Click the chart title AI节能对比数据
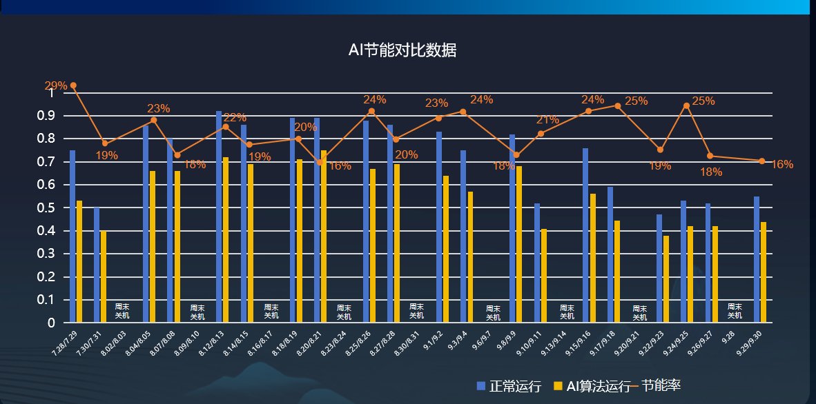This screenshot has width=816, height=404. click(402, 50)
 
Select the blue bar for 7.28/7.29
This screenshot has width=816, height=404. click(72, 236)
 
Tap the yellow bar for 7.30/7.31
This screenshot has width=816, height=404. click(104, 276)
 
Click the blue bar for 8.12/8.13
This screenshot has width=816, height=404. click(219, 216)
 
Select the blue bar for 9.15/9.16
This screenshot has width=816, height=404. click(585, 235)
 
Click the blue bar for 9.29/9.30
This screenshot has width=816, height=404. click(757, 259)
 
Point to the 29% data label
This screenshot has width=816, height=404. click(56, 86)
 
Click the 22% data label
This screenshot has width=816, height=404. click(235, 117)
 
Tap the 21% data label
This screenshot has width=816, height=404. click(547, 120)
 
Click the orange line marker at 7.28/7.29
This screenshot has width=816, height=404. click(73, 85)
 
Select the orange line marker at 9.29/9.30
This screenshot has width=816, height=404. click(762, 161)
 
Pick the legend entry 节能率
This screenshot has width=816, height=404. click(660, 385)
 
